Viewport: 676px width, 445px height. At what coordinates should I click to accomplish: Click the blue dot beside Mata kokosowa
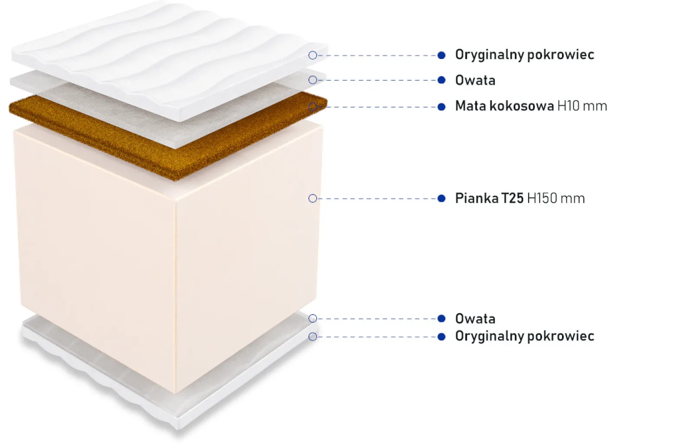[x=442, y=107]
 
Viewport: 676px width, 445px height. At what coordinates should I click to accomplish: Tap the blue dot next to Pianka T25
[x=442, y=198]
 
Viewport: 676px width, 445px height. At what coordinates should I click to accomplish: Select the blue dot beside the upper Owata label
[x=442, y=80]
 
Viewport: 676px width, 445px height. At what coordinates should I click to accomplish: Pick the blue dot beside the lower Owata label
[x=442, y=318]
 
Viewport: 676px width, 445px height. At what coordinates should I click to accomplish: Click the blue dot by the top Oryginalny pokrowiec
[x=442, y=55]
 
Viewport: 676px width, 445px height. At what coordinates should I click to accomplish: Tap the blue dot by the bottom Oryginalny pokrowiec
[x=442, y=337]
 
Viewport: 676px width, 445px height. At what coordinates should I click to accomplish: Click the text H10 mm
[x=582, y=106]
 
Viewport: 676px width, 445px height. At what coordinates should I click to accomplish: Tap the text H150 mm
[x=556, y=198]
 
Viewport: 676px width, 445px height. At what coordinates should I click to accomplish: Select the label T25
[x=513, y=198]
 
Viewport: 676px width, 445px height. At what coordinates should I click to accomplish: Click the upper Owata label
[x=475, y=81]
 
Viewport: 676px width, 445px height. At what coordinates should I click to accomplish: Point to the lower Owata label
[x=475, y=319]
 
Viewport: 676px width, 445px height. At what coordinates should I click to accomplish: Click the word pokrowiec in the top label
[x=561, y=55]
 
